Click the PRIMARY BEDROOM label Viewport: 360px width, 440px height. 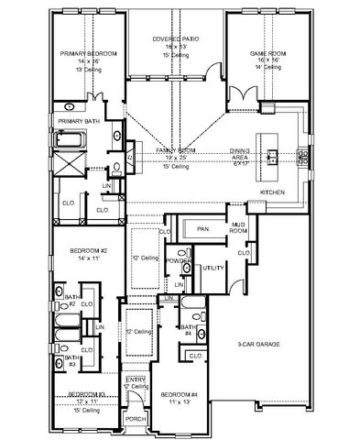pos(85,54)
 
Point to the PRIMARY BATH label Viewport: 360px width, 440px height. pos(79,121)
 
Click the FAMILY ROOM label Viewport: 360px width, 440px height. pos(176,150)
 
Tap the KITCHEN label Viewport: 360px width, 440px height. pos(273,192)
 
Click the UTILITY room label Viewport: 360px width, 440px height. pos(213,268)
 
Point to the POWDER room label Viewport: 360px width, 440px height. pos(179,261)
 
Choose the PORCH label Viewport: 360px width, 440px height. pos(135,421)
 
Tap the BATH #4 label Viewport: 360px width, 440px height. pos(187,330)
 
